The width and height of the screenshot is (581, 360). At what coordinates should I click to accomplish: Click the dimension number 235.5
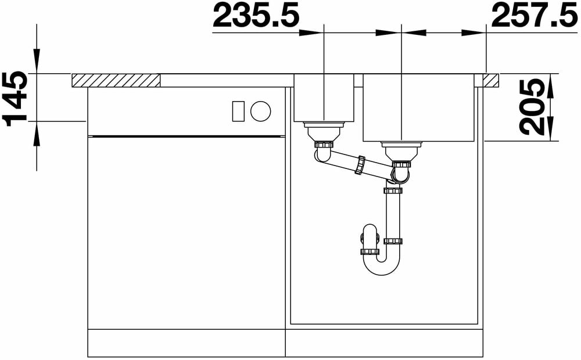point(256,15)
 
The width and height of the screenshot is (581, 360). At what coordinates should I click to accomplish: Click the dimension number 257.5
point(535,15)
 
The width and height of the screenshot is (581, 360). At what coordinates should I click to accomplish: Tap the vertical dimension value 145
point(15,99)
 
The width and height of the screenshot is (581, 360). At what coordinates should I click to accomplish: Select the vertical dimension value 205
point(532,107)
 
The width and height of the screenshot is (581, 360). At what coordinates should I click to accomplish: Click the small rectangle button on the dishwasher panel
point(238,111)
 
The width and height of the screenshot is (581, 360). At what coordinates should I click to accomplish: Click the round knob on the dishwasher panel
point(260,111)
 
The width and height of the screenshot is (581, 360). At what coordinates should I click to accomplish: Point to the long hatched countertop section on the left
point(116,80)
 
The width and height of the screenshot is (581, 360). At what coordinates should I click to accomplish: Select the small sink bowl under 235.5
point(324,98)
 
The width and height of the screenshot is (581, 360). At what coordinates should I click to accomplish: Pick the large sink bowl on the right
point(419,108)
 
